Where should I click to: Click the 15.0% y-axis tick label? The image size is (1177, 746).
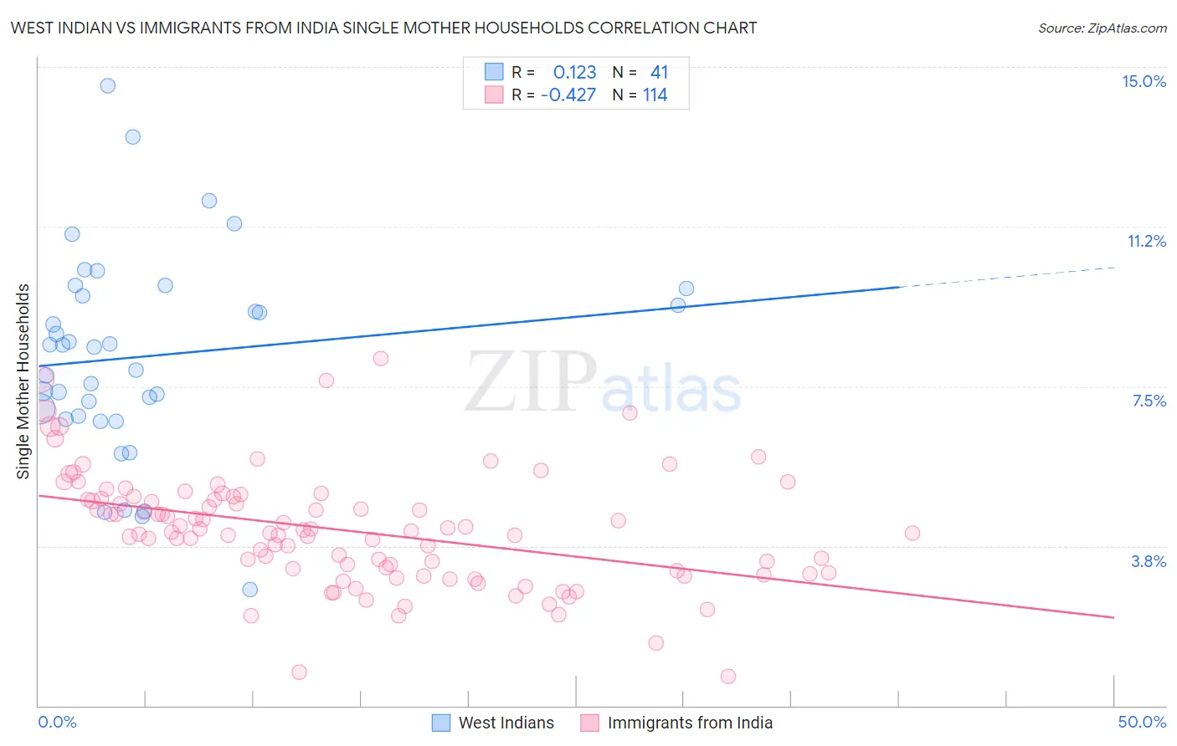(1144, 81)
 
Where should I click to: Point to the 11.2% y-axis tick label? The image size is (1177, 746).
(1146, 241)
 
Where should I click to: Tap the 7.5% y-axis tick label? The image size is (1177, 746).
(1149, 401)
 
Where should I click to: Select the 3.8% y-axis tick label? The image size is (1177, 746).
(1149, 561)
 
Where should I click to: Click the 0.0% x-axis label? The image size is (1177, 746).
(57, 722)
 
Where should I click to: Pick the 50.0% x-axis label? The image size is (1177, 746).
(1142, 722)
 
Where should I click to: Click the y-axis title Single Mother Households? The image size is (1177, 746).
(23, 381)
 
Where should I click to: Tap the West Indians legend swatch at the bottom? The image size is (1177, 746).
(441, 723)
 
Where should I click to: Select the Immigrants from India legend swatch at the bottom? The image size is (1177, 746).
(590, 723)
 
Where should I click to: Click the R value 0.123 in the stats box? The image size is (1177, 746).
(574, 73)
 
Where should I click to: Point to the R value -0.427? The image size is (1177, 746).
(568, 95)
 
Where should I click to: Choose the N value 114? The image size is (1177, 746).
(655, 95)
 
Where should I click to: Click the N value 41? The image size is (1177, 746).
(659, 73)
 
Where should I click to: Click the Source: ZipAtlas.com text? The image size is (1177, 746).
(1102, 28)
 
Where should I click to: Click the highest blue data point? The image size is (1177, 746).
(107, 85)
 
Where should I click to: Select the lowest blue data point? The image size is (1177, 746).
(249, 590)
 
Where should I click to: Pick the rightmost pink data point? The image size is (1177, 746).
(912, 533)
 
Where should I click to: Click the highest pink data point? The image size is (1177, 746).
(381, 359)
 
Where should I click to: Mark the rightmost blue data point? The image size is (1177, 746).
(686, 289)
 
